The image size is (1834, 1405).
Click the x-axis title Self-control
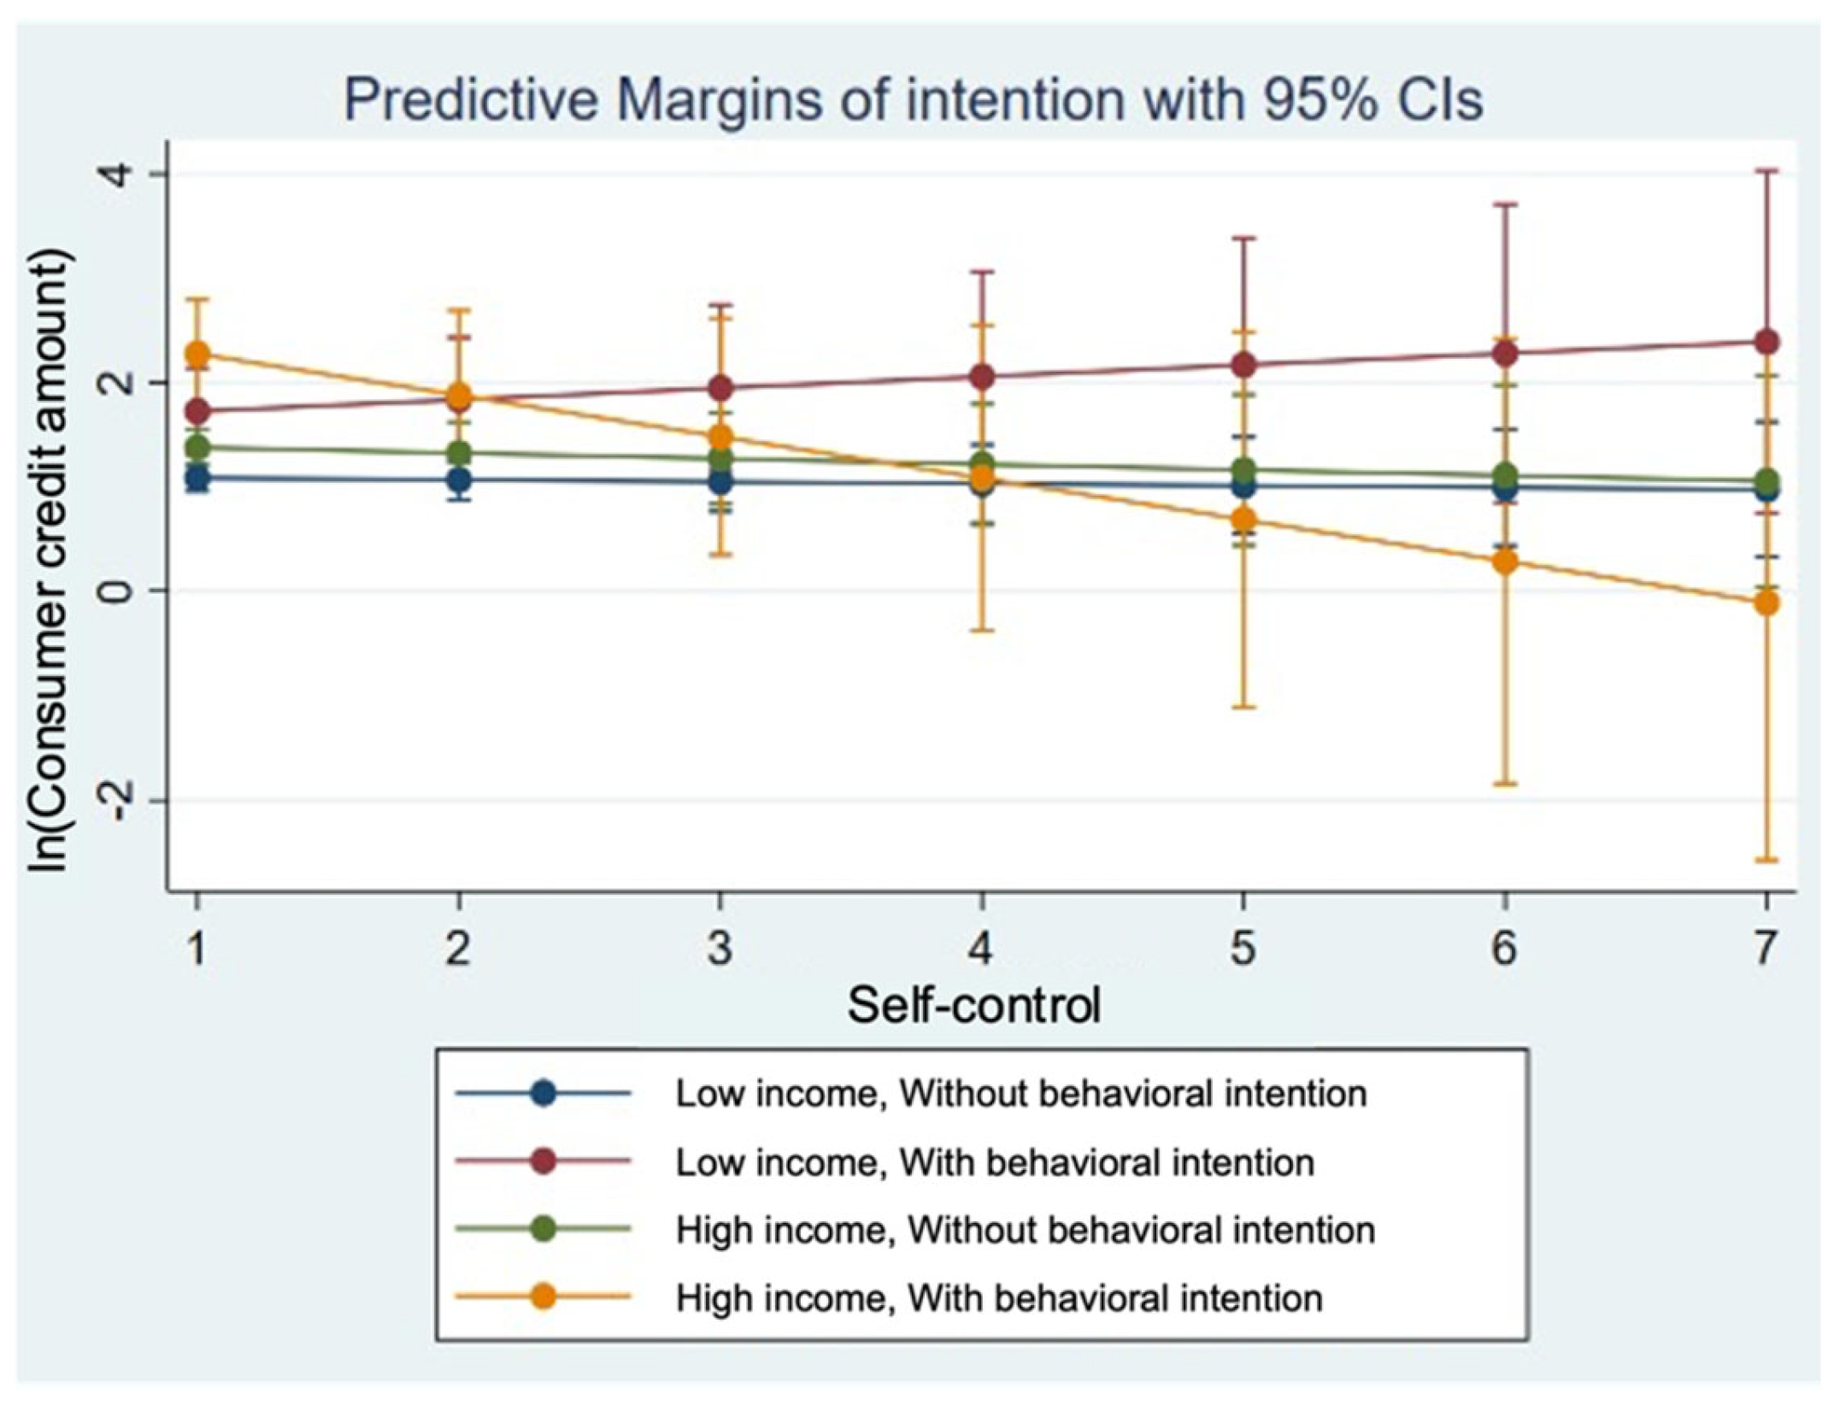pyautogui.click(x=973, y=1005)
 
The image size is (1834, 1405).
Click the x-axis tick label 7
pyautogui.click(x=1766, y=948)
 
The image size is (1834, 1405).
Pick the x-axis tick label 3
pyautogui.click(x=720, y=948)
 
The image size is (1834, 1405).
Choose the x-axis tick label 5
pyautogui.click(x=1243, y=948)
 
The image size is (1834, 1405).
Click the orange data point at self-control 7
pyautogui.click(x=1766, y=604)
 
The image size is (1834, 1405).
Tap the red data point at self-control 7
pyautogui.click(x=1766, y=343)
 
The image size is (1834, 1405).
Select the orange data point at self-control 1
pyautogui.click(x=198, y=354)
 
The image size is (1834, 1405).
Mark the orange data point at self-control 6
pyautogui.click(x=1505, y=562)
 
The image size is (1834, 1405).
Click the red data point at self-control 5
pyautogui.click(x=1243, y=365)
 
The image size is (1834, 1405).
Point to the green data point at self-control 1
pyautogui.click(x=198, y=446)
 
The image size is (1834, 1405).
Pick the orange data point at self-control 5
pyautogui.click(x=1243, y=520)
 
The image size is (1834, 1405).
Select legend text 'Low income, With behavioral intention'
pyautogui.click(x=995, y=1162)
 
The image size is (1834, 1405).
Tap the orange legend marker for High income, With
pyautogui.click(x=544, y=1298)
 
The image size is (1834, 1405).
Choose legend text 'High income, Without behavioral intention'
pyautogui.click(x=1026, y=1231)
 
